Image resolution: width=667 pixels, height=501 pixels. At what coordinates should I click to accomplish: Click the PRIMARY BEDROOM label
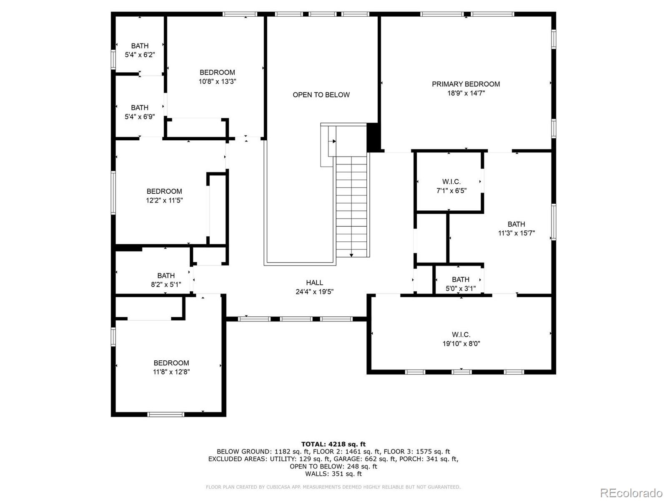click(x=466, y=84)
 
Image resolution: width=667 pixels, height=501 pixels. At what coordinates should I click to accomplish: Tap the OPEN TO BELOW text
click(x=321, y=95)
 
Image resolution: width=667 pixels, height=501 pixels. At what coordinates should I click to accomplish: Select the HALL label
click(x=314, y=283)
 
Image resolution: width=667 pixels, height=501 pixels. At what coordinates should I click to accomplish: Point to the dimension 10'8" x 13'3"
click(x=217, y=81)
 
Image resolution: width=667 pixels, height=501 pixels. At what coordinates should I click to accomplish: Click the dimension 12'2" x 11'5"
click(x=164, y=200)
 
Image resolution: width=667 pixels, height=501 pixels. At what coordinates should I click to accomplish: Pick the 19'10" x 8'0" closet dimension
click(x=461, y=344)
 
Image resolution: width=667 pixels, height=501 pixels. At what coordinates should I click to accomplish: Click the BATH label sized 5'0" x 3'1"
click(x=461, y=279)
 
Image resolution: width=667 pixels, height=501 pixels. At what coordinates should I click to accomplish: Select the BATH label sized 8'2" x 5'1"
click(x=166, y=276)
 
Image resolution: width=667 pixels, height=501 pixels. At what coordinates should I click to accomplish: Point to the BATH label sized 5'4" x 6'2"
click(x=140, y=46)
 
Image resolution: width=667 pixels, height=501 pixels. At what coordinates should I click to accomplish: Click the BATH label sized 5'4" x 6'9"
click(x=140, y=108)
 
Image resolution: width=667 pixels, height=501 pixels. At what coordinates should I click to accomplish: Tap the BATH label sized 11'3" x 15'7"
click(x=516, y=224)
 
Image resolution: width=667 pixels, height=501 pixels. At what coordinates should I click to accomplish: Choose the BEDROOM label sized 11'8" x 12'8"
click(x=171, y=363)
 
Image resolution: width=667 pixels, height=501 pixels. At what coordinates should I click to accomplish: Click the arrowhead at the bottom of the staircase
click(x=351, y=255)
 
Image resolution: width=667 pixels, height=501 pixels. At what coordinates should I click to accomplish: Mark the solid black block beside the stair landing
click(x=373, y=137)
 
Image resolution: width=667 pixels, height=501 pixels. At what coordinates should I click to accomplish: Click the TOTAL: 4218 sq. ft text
click(x=333, y=444)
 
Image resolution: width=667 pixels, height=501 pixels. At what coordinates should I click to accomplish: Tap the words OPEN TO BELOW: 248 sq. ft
click(x=333, y=466)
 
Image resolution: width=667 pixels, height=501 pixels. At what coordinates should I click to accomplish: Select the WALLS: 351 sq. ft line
click(x=333, y=474)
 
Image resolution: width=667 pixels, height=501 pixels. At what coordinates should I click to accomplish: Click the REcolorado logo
click(x=631, y=493)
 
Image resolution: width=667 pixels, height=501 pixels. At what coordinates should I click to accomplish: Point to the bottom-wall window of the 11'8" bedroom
click(x=165, y=415)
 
